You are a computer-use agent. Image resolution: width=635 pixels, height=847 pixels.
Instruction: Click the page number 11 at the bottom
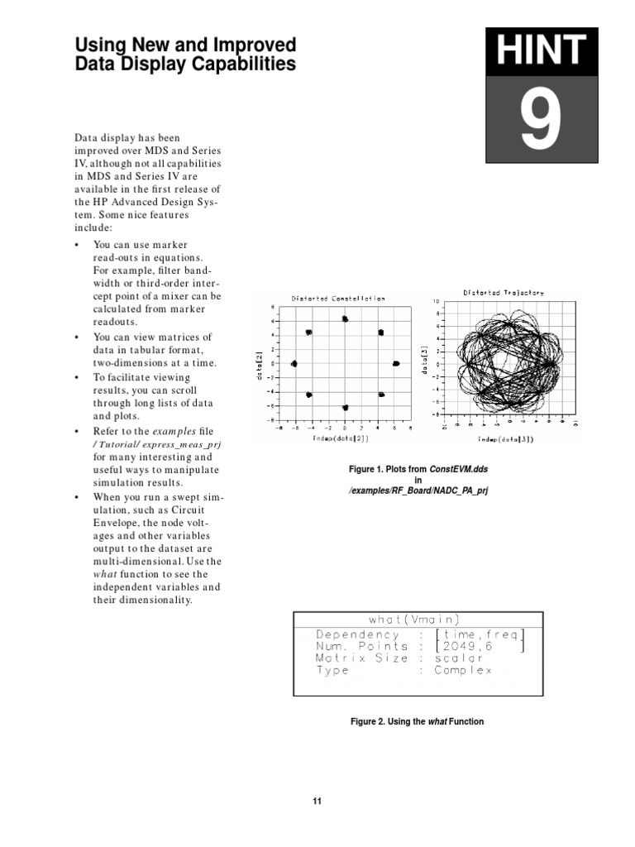[x=317, y=801]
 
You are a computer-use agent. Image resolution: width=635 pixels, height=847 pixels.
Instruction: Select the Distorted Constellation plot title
[x=337, y=299]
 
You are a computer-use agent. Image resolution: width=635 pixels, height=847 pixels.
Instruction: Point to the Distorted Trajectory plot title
[x=503, y=292]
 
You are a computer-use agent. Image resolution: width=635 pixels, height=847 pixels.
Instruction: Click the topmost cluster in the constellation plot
[x=345, y=318]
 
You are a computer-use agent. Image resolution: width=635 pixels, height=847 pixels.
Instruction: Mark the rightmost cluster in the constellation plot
[x=395, y=363]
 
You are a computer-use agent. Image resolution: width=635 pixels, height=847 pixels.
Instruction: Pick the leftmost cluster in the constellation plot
[x=294, y=363]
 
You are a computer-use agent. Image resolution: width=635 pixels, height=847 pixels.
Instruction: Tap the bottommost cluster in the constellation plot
[x=345, y=408]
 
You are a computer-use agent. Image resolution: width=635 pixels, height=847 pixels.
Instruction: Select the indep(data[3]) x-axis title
[x=504, y=440]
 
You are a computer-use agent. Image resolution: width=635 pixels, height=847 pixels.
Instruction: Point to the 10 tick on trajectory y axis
[x=437, y=301]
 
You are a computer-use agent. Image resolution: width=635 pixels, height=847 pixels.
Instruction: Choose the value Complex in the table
[x=463, y=671]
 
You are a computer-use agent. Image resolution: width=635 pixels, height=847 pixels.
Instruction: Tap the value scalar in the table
[x=458, y=658]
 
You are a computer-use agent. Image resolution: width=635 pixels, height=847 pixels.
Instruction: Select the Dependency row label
[x=357, y=634]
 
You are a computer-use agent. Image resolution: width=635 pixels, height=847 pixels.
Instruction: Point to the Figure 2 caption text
[x=418, y=721]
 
